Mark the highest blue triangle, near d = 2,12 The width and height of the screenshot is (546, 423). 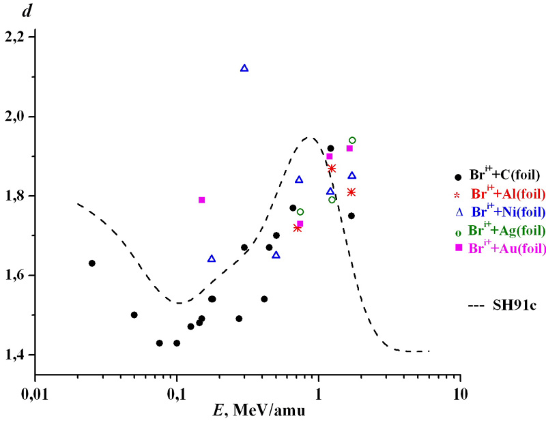coord(244,68)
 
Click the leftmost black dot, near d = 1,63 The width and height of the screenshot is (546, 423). coord(92,263)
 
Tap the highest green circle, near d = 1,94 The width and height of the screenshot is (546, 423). coord(352,141)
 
